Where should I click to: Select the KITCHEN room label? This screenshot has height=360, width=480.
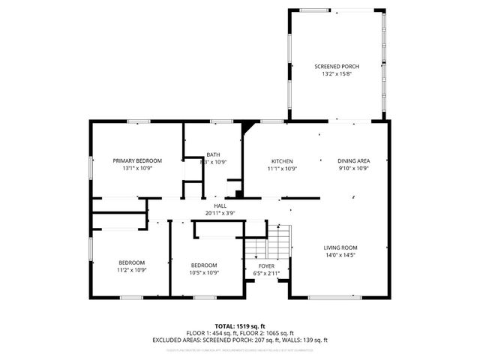[282, 160]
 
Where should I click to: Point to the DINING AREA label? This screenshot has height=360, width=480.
[353, 160]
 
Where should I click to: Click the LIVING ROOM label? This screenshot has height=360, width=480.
[340, 247]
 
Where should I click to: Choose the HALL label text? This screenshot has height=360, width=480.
[220, 205]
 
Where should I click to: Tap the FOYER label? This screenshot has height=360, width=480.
[266, 265]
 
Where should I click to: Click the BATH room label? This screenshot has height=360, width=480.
[214, 154]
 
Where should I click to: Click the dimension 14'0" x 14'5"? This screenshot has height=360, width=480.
[340, 255]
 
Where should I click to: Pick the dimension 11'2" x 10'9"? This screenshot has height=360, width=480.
[131, 270]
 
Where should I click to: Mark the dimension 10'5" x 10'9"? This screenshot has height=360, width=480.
[204, 272]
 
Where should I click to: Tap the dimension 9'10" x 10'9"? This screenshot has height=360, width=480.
[353, 168]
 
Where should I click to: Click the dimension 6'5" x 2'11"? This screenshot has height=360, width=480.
[266, 273]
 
